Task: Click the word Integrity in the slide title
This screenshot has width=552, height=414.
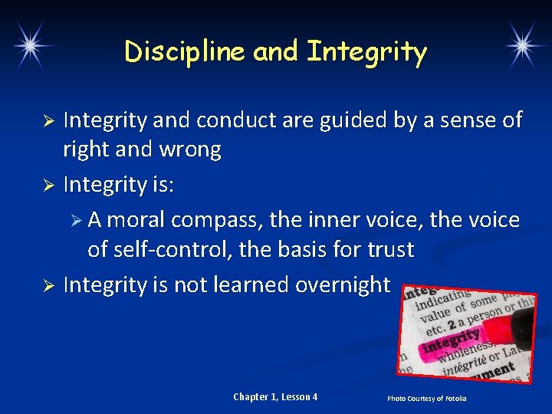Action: pos(366,51)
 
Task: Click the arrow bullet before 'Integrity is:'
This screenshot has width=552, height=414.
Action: pos(47,185)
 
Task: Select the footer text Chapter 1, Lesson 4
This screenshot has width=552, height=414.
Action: pos(275,396)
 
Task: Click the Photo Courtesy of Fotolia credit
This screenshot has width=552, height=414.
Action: pos(426,398)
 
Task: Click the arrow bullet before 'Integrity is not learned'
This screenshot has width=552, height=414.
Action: pos(47,286)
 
